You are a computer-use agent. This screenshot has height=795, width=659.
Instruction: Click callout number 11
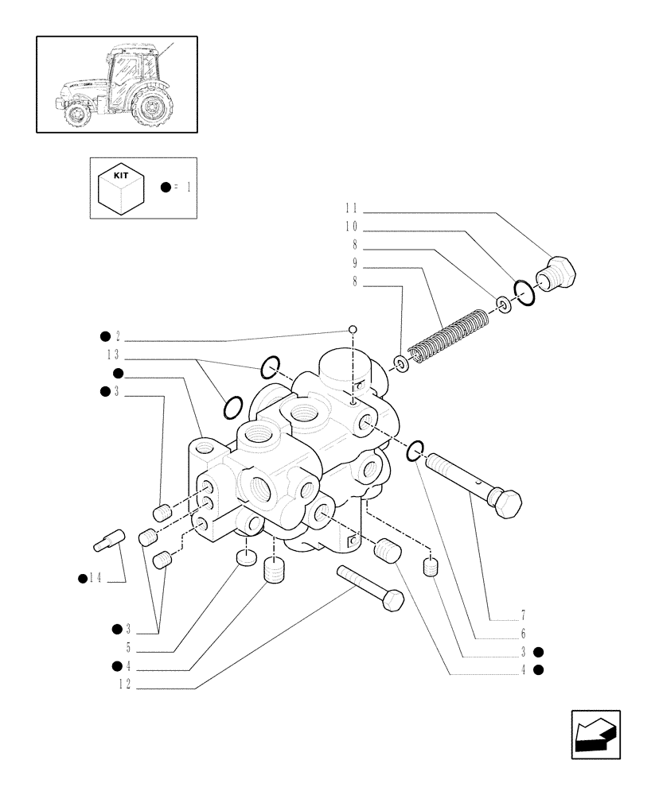click(351, 208)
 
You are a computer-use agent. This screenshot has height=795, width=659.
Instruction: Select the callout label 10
click(351, 227)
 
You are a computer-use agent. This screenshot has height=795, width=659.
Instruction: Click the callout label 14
click(95, 579)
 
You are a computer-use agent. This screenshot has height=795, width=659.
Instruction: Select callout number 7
click(522, 615)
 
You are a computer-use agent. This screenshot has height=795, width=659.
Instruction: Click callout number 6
click(522, 633)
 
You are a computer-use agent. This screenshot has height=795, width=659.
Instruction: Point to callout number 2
click(117, 336)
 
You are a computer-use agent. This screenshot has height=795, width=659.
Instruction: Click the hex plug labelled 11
click(560, 274)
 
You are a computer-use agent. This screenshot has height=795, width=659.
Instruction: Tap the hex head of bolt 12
click(393, 599)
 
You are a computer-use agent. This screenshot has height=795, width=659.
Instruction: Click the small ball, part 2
click(353, 330)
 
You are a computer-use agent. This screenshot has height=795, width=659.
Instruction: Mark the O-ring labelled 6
click(415, 452)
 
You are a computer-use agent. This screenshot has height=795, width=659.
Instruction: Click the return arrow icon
click(595, 735)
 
